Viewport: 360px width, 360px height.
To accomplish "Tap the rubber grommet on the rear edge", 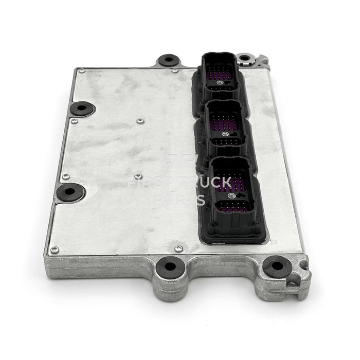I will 169,60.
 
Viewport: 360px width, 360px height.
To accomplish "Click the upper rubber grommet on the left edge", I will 82,109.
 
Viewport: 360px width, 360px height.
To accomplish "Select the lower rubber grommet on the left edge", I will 71,192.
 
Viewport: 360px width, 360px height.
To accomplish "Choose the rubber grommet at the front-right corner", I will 277,266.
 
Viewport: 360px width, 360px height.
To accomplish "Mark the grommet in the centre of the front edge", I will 169,267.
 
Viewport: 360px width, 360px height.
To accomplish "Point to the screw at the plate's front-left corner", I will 54,250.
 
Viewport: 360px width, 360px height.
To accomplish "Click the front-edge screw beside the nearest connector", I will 178,248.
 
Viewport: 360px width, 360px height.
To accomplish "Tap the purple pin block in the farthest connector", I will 221,76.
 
